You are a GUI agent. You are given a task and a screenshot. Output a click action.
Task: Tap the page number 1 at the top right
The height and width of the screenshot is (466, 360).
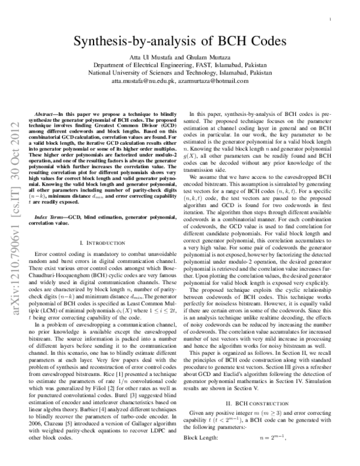coord(332,20)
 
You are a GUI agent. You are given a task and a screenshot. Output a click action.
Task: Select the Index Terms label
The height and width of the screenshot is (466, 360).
coord(52,214)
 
